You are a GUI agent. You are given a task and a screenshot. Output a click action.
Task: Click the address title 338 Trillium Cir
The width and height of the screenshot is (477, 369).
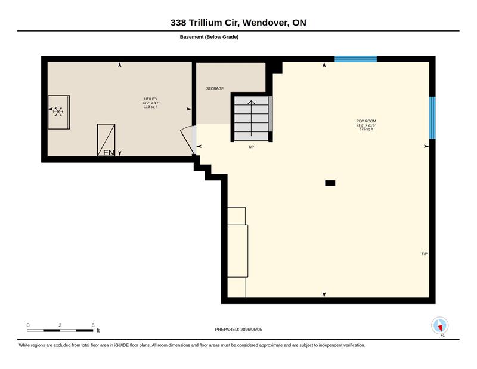tap(205, 23)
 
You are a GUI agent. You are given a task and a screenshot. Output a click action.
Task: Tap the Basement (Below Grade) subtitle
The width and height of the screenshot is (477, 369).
tap(209, 37)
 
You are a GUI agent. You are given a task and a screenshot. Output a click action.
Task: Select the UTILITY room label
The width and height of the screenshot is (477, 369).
tap(151, 99)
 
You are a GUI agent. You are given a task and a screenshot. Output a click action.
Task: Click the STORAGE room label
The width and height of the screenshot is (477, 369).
tap(215, 89)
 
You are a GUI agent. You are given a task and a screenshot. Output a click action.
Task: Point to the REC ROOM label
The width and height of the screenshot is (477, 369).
tap(366, 121)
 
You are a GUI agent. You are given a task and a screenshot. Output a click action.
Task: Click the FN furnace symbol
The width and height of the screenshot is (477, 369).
tap(106, 140)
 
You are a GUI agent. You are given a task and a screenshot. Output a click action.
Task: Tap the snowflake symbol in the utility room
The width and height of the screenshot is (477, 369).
tap(58, 112)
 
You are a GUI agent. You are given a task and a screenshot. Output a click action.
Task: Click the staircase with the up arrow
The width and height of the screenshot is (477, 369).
tap(251, 119)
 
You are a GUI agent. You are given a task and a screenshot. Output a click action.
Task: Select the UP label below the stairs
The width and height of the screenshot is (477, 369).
tap(251, 147)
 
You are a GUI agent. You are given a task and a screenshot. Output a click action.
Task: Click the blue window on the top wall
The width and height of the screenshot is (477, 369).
tap(355, 59)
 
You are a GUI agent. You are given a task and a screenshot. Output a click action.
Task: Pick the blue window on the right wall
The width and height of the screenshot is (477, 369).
tap(432, 118)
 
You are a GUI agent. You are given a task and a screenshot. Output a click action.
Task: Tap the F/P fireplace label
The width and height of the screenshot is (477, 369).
tap(425, 254)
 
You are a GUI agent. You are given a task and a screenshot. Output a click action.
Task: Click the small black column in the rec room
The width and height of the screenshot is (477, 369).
tap(330, 183)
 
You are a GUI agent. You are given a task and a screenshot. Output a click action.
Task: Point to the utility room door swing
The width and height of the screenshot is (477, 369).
tap(188, 140)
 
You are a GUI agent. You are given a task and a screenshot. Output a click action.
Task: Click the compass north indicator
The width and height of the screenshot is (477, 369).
tap(440, 326)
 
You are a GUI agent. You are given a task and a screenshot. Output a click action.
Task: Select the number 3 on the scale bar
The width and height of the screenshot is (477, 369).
tap(60, 325)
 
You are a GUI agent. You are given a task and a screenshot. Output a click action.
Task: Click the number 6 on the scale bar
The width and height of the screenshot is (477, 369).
tap(93, 325)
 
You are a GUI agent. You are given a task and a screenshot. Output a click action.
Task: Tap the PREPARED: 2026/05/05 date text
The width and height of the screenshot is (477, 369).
tap(238, 330)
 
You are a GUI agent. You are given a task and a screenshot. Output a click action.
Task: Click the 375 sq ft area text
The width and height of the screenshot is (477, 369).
tap(366, 129)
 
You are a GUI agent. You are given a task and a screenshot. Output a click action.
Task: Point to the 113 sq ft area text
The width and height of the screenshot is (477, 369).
tap(151, 107)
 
